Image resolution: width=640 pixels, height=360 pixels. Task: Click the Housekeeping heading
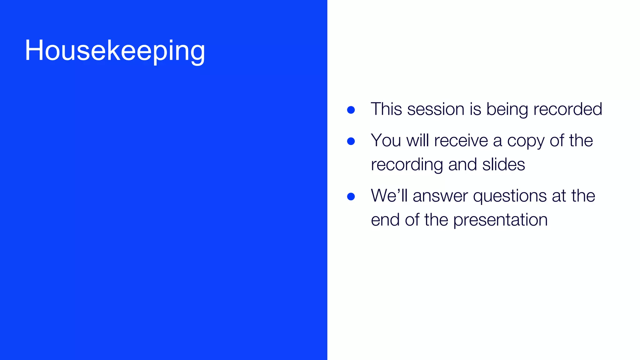pyautogui.click(x=115, y=51)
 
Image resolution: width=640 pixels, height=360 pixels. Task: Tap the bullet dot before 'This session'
pyautogui.click(x=351, y=110)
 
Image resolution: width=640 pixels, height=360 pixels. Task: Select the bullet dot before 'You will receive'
pyautogui.click(x=351, y=141)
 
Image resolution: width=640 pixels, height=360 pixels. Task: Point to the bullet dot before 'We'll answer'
pyautogui.click(x=351, y=197)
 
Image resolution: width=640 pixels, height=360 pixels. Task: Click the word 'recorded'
pyautogui.click(x=567, y=109)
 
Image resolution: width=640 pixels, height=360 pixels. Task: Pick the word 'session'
pyautogui.click(x=436, y=109)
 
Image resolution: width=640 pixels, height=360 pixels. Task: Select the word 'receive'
pyautogui.click(x=461, y=140)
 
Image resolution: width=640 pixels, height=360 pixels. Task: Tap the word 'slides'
pyautogui.click(x=503, y=164)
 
